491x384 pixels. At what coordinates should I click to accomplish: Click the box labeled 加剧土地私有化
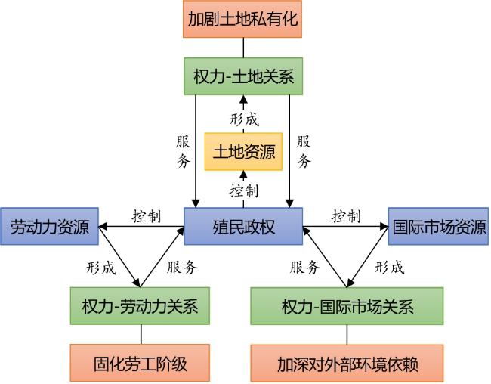point(242,19)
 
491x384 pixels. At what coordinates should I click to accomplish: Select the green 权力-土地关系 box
point(243,76)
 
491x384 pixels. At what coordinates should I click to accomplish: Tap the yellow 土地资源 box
point(243,152)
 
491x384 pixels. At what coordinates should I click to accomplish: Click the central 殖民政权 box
point(243,226)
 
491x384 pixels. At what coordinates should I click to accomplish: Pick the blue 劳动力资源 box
point(49,226)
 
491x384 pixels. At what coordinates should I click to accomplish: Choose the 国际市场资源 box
point(438,226)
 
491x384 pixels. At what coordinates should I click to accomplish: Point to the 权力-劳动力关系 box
point(140,306)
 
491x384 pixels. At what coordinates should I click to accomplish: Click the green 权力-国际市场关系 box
point(347,306)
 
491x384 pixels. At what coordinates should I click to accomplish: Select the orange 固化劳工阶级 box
point(140,364)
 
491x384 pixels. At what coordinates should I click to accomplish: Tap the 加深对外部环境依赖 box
point(347,364)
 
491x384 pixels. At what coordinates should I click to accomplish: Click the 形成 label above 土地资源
point(244,119)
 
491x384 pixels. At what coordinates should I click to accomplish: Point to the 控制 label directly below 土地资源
point(244,190)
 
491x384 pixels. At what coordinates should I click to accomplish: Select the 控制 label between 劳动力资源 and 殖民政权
point(147,216)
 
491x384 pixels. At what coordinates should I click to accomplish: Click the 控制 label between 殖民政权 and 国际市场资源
point(346,216)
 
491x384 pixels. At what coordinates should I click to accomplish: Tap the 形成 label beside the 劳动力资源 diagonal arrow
point(100,268)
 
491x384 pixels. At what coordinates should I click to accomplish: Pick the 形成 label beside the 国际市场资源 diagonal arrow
point(390,267)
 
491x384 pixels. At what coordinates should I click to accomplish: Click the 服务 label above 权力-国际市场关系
point(304,267)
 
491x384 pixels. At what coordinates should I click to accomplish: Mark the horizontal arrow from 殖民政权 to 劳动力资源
point(141,226)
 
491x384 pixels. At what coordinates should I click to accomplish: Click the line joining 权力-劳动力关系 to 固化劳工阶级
point(141,334)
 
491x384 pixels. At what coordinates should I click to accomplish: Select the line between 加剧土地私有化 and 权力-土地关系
point(243,48)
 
